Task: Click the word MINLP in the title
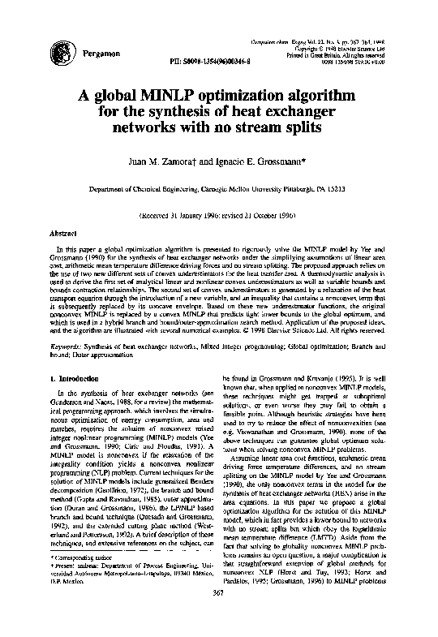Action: [x=174, y=95]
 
